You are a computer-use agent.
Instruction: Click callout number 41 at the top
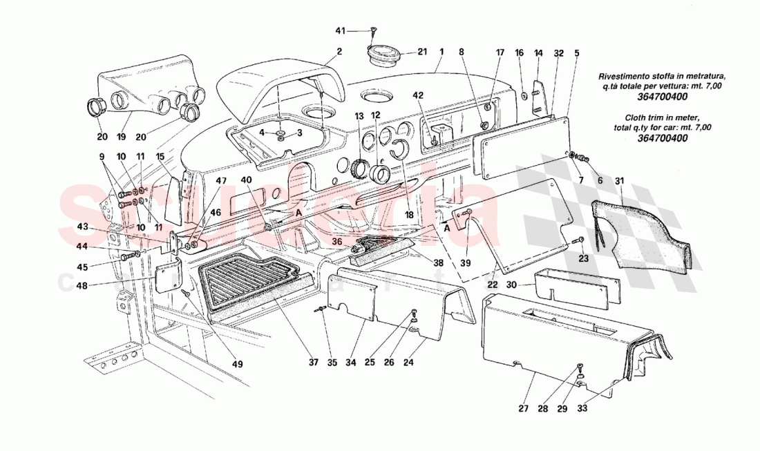pos(340,30)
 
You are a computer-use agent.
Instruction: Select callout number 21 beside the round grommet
pos(422,52)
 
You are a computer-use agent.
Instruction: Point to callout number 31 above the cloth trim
pos(620,181)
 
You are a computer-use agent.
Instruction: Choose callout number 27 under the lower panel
pos(523,409)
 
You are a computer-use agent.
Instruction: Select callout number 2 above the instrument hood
pos(339,51)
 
